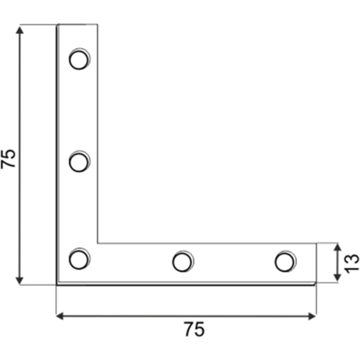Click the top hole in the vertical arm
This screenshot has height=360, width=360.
pyautogui.click(x=79, y=60)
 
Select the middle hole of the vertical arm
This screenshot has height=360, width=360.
pyautogui.click(x=79, y=163)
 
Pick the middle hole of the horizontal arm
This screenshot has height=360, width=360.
pyautogui.click(x=182, y=261)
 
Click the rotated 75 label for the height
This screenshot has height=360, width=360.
pyautogui.click(x=9, y=158)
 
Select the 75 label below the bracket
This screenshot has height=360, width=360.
pyautogui.click(x=194, y=329)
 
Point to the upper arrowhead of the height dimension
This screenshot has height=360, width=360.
pyautogui.click(x=20, y=29)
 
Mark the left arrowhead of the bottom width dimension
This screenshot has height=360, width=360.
pyautogui.click(x=60, y=316)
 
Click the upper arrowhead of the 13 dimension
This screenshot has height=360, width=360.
pyautogui.click(x=337, y=248)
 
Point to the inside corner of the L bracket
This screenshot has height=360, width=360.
pyautogui.click(x=98, y=243)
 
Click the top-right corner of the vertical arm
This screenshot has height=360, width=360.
pyautogui.click(x=98, y=24)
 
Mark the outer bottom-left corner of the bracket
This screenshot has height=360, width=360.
pyautogui.click(x=57, y=285)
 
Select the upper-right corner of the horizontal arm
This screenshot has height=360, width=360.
pyautogui.click(x=316, y=244)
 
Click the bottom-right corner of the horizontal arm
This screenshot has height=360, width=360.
pyautogui.click(x=316, y=284)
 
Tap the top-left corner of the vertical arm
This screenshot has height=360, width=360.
pyautogui.click(x=57, y=24)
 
